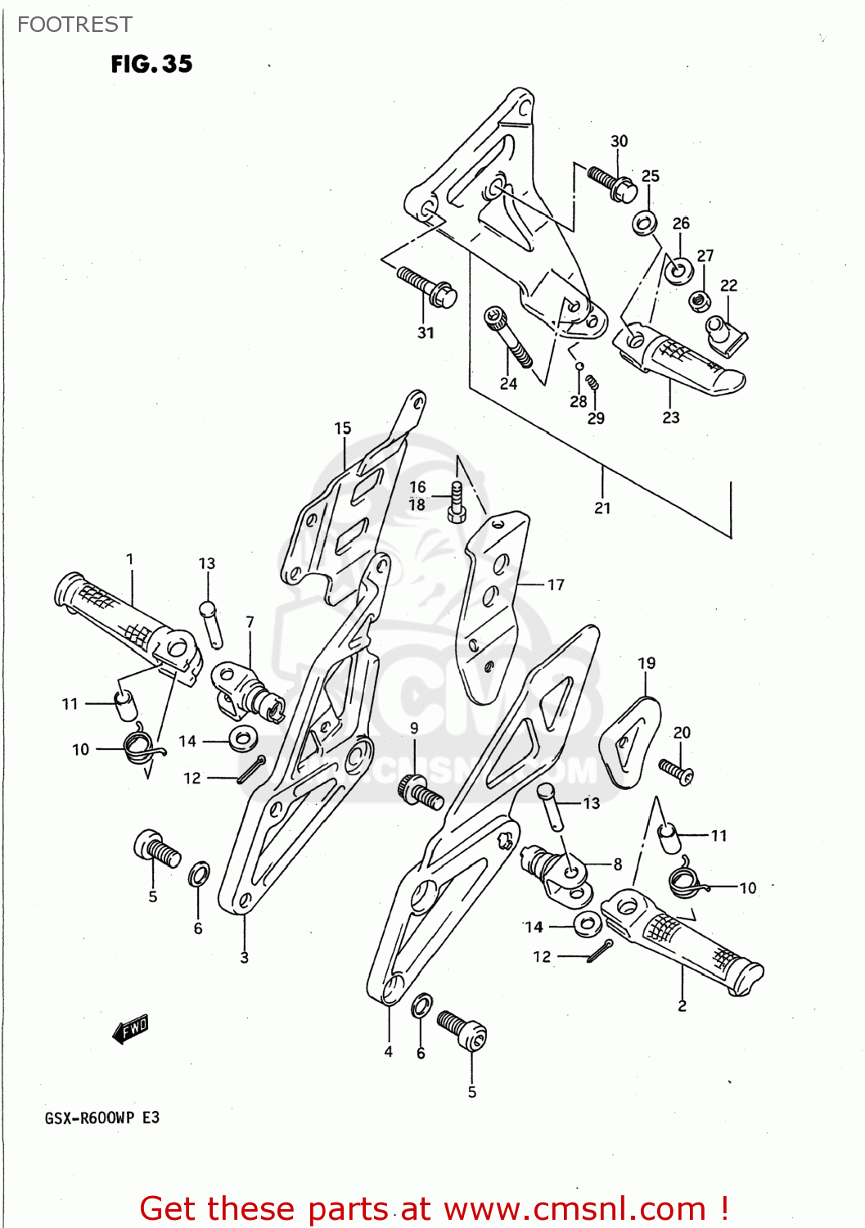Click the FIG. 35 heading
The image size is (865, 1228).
151,64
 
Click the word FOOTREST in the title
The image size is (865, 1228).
74,25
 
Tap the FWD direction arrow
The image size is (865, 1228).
131,1028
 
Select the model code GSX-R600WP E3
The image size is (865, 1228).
102,1117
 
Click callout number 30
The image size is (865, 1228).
619,141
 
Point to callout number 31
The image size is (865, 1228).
426,332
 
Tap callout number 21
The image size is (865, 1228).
602,508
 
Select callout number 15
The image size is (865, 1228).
342,427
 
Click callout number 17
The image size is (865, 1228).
556,585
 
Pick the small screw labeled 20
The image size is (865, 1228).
677,770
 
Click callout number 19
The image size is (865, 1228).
646,663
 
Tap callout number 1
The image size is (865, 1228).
130,559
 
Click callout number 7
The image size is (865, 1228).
250,622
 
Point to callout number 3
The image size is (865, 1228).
244,957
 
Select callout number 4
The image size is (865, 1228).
389,1051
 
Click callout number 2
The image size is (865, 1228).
682,1005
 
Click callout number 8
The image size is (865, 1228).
617,864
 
